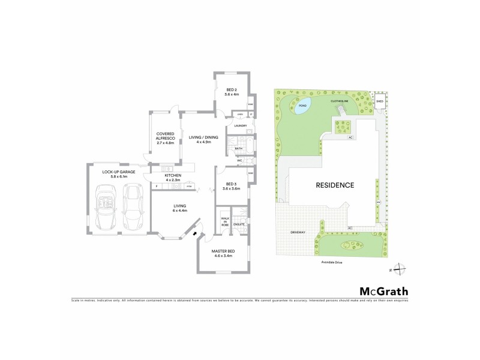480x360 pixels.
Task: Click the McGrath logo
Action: pyautogui.click(x=384, y=292)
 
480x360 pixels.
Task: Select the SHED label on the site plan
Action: pyautogui.click(x=379, y=101)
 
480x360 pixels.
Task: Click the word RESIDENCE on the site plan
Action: pyautogui.click(x=335, y=185)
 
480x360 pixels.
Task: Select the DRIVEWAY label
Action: pyautogui.click(x=299, y=232)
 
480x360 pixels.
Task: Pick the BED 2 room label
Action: pyautogui.click(x=232, y=92)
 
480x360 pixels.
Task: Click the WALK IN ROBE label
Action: pyautogui.click(x=225, y=221)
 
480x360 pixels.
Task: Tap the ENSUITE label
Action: pyautogui.click(x=239, y=224)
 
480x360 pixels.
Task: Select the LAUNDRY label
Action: pyautogui.click(x=241, y=125)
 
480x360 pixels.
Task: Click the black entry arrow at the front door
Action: pyautogui.click(x=194, y=234)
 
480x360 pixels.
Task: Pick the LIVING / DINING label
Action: pyautogui.click(x=203, y=139)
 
